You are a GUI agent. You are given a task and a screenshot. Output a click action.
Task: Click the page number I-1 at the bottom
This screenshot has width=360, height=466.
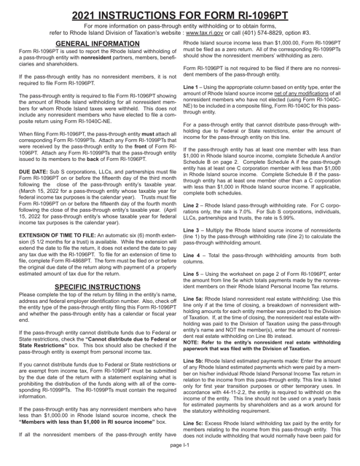tap(179, 460)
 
